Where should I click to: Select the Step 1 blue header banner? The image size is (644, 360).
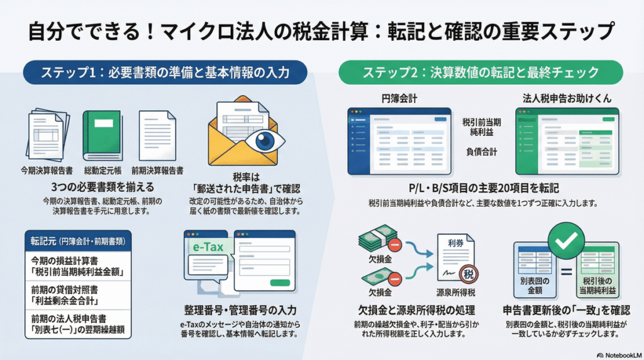165,73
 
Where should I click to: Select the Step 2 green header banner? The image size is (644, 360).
480,73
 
